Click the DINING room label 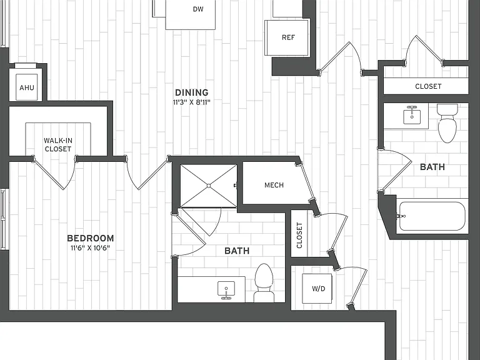192,92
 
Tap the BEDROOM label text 90,238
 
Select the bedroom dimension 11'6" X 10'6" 90,248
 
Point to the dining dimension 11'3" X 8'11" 192,102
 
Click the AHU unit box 27,87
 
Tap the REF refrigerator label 288,37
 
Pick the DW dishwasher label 198,9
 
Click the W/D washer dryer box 317,288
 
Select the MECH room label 274,185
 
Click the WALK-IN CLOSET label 58,145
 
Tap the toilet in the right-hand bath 447,123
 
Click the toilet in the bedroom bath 264,282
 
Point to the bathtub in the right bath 432,216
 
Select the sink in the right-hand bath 412,115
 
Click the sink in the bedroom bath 226,290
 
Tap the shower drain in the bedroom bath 209,186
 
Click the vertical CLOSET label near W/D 299,235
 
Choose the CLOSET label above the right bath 428,86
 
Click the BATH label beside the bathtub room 432,167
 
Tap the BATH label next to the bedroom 237,251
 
